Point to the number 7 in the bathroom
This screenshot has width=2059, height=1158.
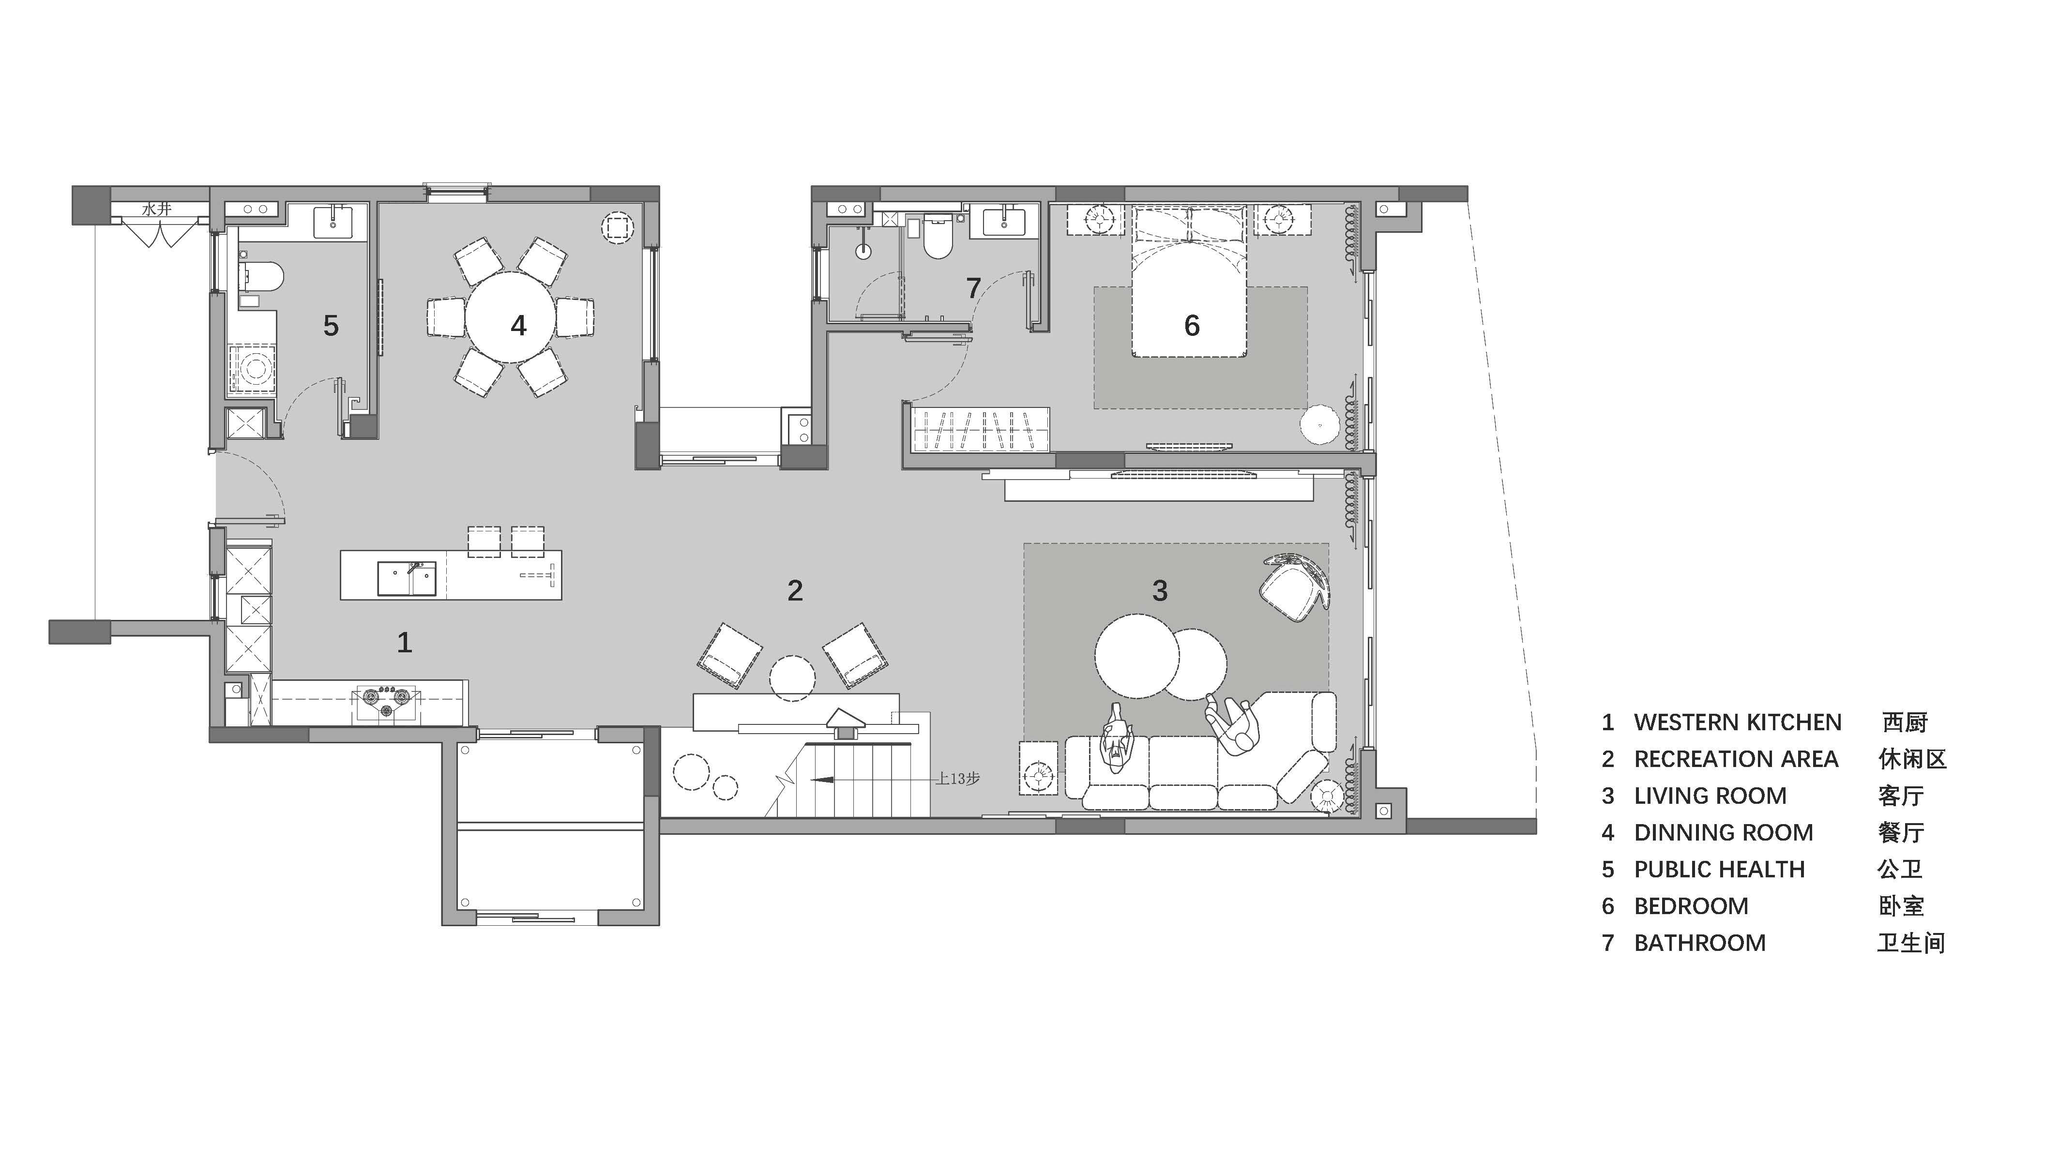pos(973,288)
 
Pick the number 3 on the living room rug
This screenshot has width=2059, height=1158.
pos(1160,590)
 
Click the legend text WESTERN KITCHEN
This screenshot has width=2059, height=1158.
pos(1738,722)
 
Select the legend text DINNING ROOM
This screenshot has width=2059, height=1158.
pos(1723,833)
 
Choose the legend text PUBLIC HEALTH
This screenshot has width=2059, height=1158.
pos(1719,870)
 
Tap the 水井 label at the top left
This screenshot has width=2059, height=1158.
pos(157,210)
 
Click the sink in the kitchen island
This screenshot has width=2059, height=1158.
pos(407,579)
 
